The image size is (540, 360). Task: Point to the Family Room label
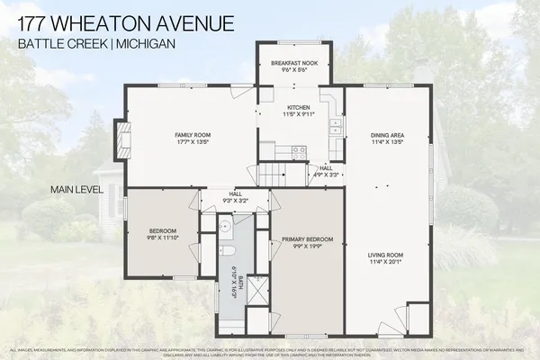coord(192,138)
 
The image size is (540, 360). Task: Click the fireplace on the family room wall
coord(119,139)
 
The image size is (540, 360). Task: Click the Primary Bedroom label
coord(307,242)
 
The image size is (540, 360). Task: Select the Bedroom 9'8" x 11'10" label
coord(162,233)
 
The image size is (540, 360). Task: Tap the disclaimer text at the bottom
coord(270,351)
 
